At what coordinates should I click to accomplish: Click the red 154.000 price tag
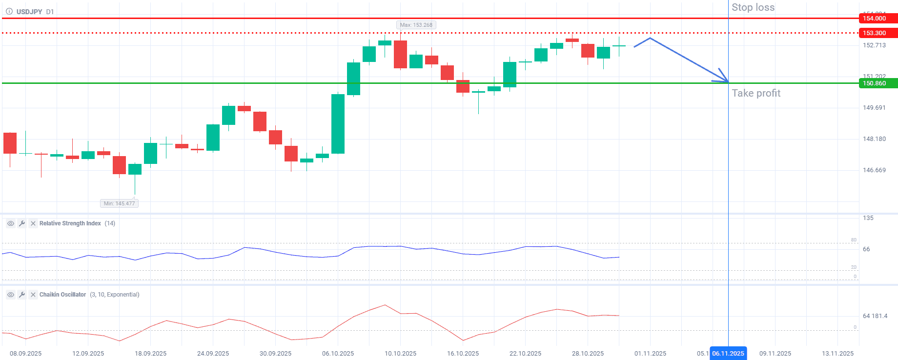[x=877, y=19]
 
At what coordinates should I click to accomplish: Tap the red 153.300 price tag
[x=877, y=33]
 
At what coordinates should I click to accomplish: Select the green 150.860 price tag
[x=877, y=83]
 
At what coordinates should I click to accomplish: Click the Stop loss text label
[x=753, y=7]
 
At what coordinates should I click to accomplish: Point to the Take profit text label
[x=756, y=93]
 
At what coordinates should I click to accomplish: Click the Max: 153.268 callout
[x=416, y=25]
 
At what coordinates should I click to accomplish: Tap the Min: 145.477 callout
[x=119, y=203]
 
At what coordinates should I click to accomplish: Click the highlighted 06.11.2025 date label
[x=728, y=354]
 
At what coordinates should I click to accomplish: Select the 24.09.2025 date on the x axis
[x=213, y=354]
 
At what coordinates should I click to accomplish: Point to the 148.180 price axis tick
[x=874, y=139]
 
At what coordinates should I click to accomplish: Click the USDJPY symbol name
[x=29, y=12]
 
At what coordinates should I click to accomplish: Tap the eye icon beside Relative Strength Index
[x=10, y=223]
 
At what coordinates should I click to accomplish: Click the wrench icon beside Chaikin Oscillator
[x=22, y=295]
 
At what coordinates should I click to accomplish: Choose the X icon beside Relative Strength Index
[x=33, y=223]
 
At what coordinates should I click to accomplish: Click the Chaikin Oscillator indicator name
[x=62, y=295]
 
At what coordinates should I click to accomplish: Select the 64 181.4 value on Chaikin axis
[x=875, y=316]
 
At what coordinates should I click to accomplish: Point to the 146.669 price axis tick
[x=874, y=170]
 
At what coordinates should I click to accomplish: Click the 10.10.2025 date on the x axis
[x=400, y=354]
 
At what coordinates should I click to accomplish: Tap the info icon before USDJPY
[x=9, y=12]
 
